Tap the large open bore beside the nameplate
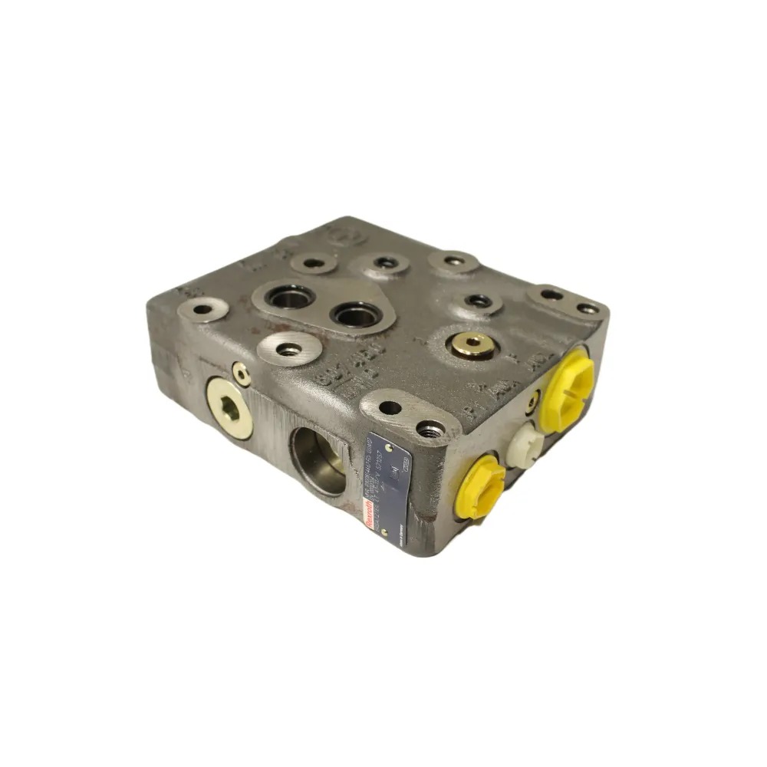(318, 459)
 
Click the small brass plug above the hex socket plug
(241, 374)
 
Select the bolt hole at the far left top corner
(201, 310)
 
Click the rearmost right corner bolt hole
(588, 308)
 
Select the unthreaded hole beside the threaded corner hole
(390, 407)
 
